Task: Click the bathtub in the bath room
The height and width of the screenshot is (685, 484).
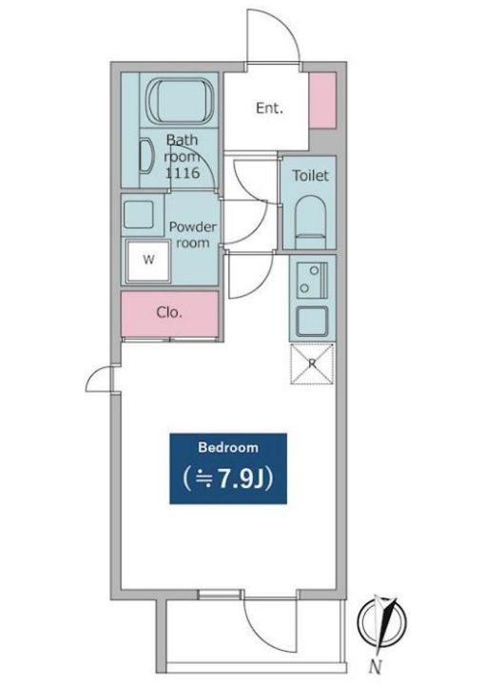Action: [x=181, y=101]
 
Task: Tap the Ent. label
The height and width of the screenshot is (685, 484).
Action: [x=269, y=108]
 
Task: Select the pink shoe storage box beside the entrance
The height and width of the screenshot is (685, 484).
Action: [x=322, y=101]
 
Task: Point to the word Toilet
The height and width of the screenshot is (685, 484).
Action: [x=310, y=176]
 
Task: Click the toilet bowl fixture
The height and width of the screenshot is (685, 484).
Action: [x=311, y=222]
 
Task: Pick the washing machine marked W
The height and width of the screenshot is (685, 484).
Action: [x=148, y=261]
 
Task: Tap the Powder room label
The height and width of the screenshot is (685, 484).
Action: [x=192, y=235]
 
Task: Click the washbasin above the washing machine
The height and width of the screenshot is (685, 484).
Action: [x=139, y=214]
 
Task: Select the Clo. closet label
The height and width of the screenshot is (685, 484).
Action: [x=169, y=312]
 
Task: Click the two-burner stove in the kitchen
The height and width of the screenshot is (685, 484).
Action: [x=312, y=281]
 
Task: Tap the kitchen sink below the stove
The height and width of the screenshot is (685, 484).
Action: [x=312, y=322]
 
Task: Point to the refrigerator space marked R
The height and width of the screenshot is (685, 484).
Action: [x=312, y=364]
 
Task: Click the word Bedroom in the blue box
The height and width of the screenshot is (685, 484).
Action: [x=228, y=447]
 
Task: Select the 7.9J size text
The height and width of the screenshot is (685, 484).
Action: [x=228, y=479]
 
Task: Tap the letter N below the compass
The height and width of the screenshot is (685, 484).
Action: [x=376, y=667]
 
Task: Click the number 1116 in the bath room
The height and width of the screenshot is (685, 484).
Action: [x=183, y=173]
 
